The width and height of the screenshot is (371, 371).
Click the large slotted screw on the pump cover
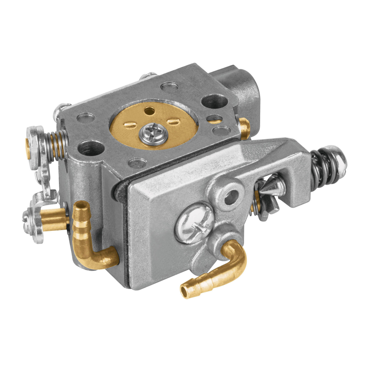coord(194,223)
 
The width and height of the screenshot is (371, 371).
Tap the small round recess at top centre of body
coord(168,88)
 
